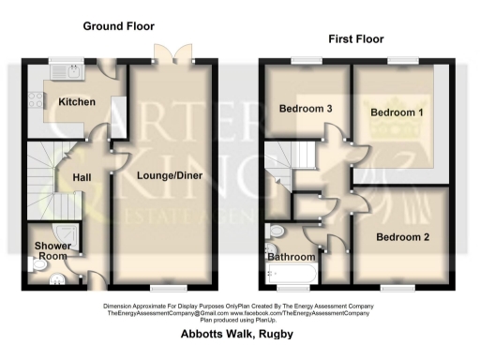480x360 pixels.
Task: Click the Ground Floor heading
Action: [118, 26]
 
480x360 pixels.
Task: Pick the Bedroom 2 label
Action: [402, 237]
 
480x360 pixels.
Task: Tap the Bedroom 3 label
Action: [306, 109]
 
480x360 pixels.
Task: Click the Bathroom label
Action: [291, 256]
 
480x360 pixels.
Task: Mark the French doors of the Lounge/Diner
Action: [174, 54]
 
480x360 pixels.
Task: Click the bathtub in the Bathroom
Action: [293, 273]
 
